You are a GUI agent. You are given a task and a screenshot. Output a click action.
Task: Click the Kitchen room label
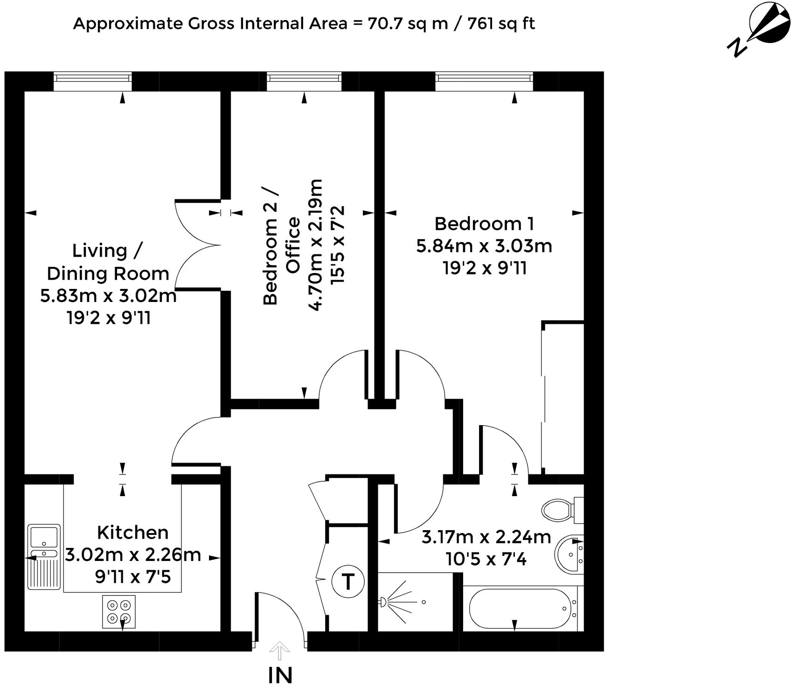[x=132, y=532]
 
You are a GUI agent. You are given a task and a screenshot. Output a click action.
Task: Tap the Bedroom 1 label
[x=484, y=224]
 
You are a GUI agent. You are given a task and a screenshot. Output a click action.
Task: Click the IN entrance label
[x=280, y=675]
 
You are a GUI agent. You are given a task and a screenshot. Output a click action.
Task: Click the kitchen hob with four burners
[x=119, y=611]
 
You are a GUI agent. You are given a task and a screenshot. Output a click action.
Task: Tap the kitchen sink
[x=43, y=537]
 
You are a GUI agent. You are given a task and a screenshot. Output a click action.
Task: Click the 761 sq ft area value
[x=501, y=23]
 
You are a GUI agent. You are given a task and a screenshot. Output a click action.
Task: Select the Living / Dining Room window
[x=92, y=81]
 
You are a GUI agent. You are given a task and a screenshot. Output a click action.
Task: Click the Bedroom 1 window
[x=484, y=81]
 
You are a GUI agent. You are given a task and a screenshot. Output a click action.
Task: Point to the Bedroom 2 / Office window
[x=304, y=81]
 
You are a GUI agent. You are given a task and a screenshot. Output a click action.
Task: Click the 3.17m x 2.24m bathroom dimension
[x=486, y=537]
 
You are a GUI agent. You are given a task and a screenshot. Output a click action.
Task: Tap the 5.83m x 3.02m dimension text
[x=108, y=296]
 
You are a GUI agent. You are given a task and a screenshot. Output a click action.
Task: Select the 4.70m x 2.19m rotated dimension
[x=317, y=245]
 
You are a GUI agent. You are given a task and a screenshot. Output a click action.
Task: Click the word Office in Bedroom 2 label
[x=293, y=245]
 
